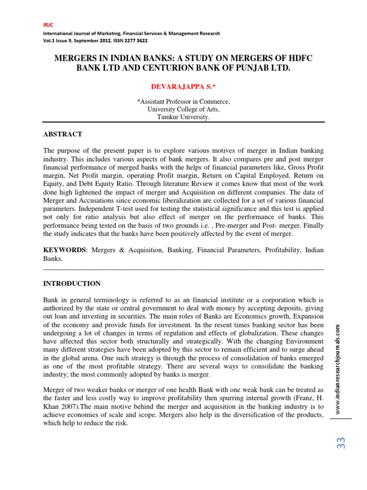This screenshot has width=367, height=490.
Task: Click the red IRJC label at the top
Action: pyautogui.click(x=48, y=25)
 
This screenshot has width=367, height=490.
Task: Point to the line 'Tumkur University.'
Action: pyautogui.click(x=183, y=117)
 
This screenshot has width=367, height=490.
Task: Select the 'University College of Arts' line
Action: pyautogui.click(x=183, y=110)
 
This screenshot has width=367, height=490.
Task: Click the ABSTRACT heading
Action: pyautogui.click(x=63, y=134)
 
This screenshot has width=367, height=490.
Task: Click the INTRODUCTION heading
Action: pyautogui.click(x=72, y=284)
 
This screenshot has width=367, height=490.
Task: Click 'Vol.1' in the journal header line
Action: pyautogui.click(x=50, y=41)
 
